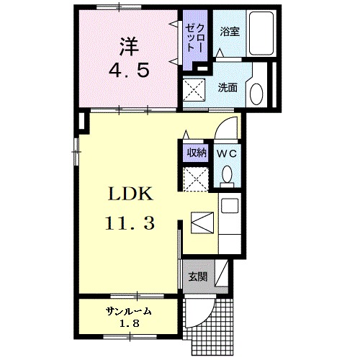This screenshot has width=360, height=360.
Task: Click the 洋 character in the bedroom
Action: coord(129,45)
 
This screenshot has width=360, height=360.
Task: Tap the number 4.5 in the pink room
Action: coord(129,71)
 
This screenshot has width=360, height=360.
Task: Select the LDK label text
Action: coord(129,195)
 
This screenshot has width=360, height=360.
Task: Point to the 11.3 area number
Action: coord(129,224)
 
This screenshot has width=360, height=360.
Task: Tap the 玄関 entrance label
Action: coord(198,276)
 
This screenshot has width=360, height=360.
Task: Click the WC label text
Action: coord(228,153)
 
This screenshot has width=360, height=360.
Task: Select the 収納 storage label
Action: coord(197,153)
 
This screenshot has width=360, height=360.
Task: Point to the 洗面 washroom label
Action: coord(228,87)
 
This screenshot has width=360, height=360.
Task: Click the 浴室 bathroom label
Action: coord(229,31)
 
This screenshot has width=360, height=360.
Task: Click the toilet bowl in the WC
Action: coord(228,175)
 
